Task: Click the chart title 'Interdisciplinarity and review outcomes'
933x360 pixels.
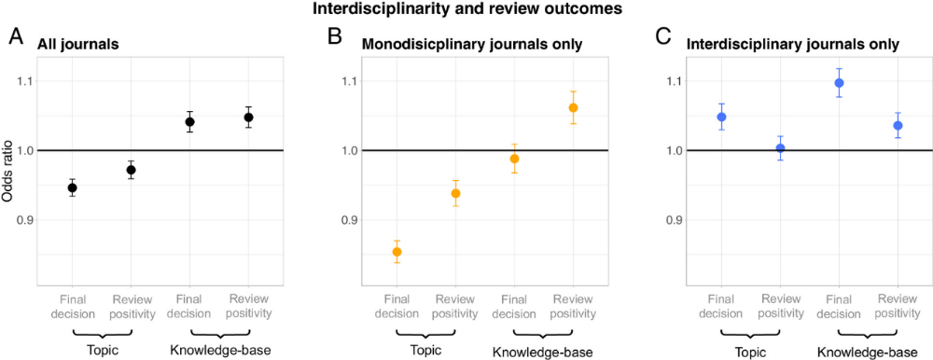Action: pyautogui.click(x=466, y=11)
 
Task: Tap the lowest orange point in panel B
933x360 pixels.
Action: pyautogui.click(x=397, y=252)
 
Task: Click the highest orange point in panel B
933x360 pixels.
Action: pyautogui.click(x=574, y=107)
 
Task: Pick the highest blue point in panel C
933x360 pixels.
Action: pyautogui.click(x=839, y=83)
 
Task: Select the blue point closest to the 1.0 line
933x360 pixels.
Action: pyautogui.click(x=781, y=148)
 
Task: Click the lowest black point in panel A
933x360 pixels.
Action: pyautogui.click(x=72, y=188)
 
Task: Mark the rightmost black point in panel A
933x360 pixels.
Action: pyautogui.click(x=249, y=118)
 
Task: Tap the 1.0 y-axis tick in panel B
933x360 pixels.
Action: pyautogui.click(x=347, y=151)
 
